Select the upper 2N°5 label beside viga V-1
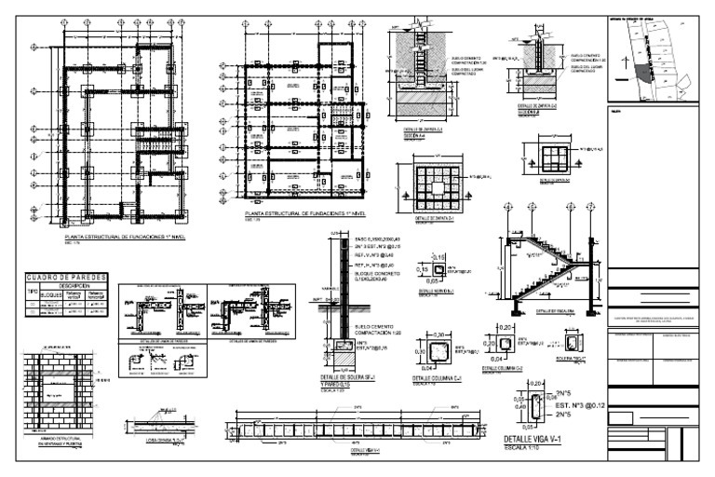pos(562,394)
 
